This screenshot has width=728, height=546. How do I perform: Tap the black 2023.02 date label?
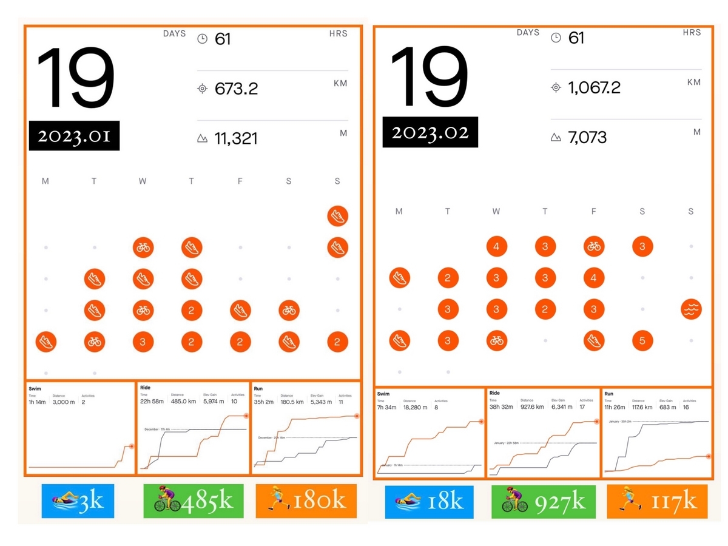click(430, 132)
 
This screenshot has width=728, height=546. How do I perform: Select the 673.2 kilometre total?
click(236, 89)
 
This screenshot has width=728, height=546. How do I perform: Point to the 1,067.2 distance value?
click(594, 87)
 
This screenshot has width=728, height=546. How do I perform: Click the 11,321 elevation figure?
click(236, 138)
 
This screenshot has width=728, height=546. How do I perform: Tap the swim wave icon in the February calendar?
click(690, 309)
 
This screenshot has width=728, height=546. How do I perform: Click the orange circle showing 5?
click(642, 340)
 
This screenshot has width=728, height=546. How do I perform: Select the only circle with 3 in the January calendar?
click(143, 342)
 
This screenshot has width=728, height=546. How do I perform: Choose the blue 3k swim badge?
click(78, 501)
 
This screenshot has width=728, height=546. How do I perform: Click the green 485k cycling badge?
click(193, 501)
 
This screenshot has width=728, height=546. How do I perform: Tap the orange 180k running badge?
click(306, 501)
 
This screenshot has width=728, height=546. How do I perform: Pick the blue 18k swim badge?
click(429, 502)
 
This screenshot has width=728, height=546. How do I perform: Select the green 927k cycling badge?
click(544, 502)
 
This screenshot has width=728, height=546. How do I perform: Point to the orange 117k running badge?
click(657, 502)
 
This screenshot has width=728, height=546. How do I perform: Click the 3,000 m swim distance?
click(64, 402)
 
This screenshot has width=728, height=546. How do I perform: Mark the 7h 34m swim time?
click(387, 408)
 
